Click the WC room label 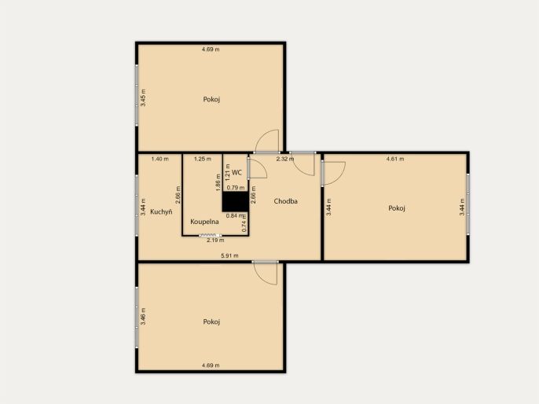click(x=236, y=173)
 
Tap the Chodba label click(x=286, y=201)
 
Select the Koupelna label click(x=204, y=222)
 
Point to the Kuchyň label click(x=161, y=211)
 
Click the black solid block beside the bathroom click(x=235, y=201)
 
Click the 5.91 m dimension click(x=229, y=255)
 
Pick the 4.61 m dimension click(x=395, y=159)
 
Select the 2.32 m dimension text click(x=285, y=159)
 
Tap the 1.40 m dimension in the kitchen click(x=160, y=159)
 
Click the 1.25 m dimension click(x=203, y=159)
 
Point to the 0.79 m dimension click(x=236, y=188)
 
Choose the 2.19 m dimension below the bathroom click(x=215, y=241)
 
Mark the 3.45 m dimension click(x=143, y=97)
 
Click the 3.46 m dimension click(x=143, y=316)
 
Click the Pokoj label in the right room click(x=397, y=208)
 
